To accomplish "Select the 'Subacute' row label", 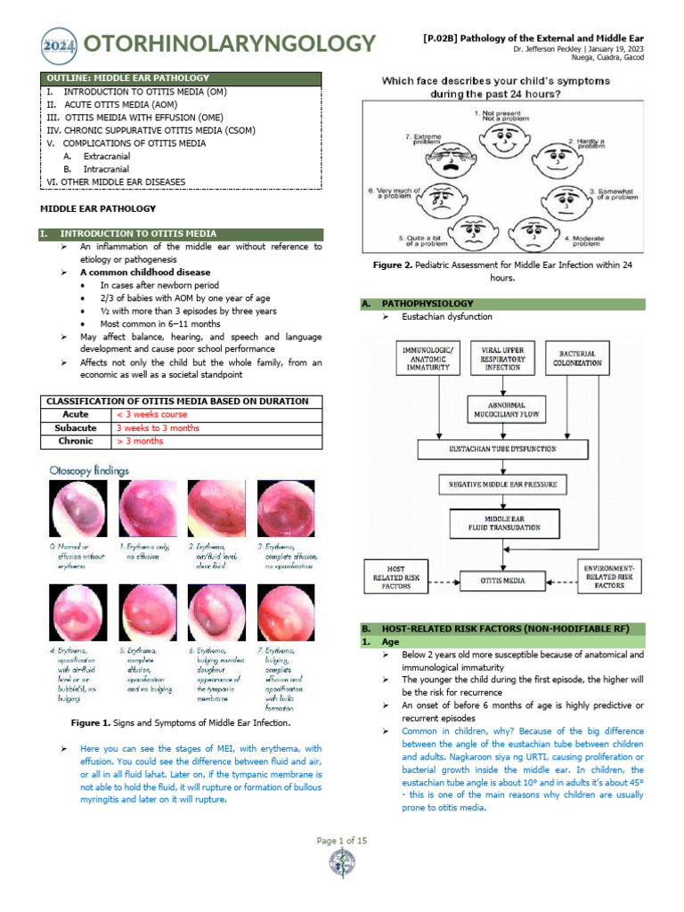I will pos(76,427).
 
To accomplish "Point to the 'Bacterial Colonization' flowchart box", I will pos(577,358).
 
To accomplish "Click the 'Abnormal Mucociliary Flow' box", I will pos(505,411).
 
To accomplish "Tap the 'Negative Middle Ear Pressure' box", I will pos(504,484).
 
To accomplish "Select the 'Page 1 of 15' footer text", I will pos(342,841).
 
